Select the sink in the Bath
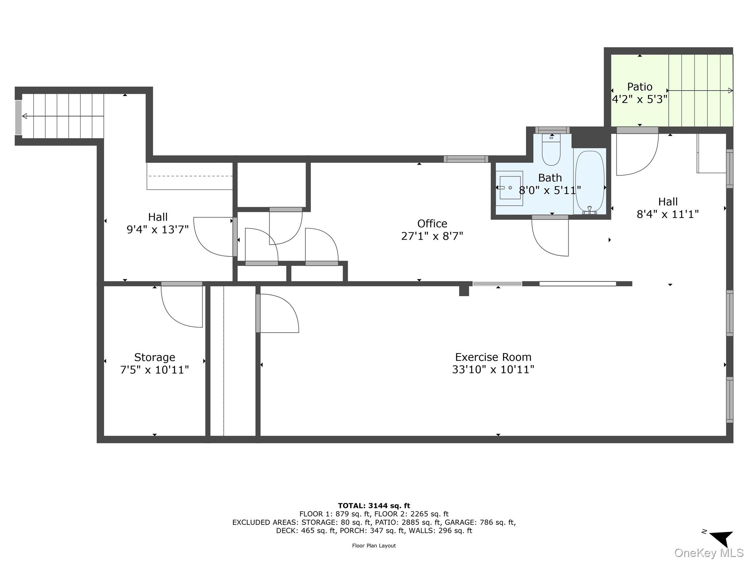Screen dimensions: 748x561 510,188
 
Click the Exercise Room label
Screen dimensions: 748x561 493,357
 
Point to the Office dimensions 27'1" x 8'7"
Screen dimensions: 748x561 432,236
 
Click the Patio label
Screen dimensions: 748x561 640,87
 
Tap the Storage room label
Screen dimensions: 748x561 154,357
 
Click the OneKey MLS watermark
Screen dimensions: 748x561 709,553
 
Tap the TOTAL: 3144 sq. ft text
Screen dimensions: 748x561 374,506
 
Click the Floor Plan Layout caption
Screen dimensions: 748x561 374,546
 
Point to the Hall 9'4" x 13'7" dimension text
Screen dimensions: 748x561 158,230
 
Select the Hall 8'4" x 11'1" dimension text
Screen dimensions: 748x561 668,214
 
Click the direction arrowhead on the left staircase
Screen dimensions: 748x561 24,116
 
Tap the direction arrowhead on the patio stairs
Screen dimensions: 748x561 730,91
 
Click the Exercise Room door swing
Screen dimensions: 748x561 278,313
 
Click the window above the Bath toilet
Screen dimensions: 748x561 552,130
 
